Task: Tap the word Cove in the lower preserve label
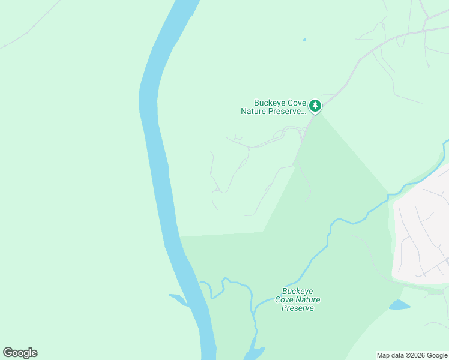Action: (285, 299)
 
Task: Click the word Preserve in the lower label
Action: (298, 308)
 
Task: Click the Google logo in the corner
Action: (20, 353)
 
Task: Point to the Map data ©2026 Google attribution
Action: (412, 355)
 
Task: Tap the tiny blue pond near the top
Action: (304, 40)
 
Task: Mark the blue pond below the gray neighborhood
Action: (399, 305)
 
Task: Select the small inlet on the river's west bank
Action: (179, 299)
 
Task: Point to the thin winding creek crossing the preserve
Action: (318, 252)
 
